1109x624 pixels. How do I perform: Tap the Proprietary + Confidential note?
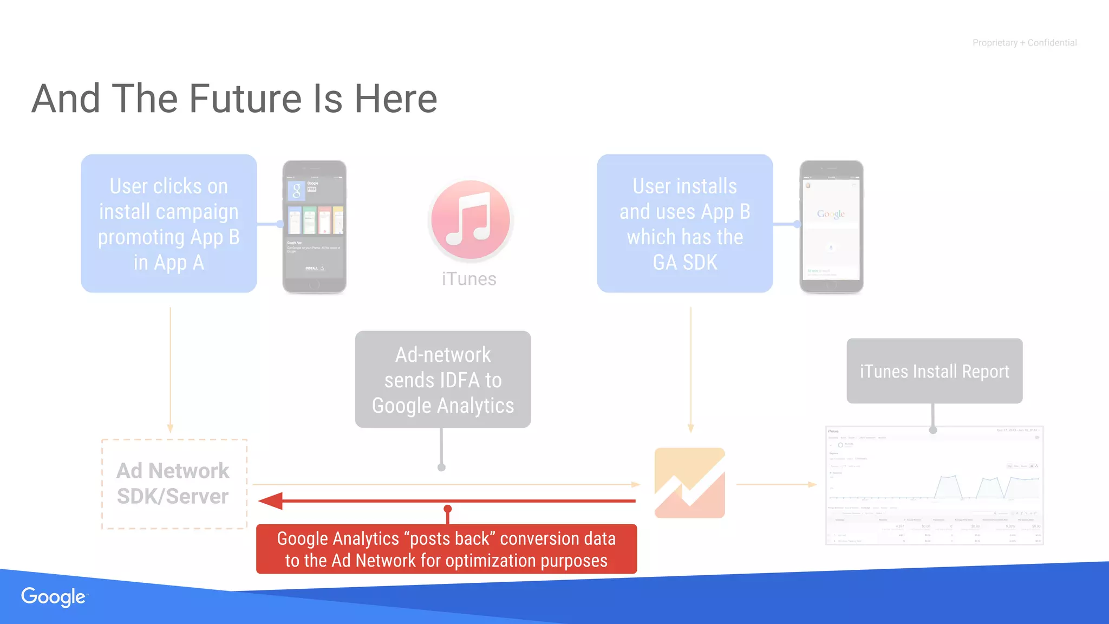pyautogui.click(x=1024, y=43)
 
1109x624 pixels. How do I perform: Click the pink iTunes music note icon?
pyautogui.click(x=470, y=220)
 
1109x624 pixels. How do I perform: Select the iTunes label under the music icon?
pyautogui.click(x=469, y=279)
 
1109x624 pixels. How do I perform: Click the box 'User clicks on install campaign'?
pyautogui.click(x=169, y=224)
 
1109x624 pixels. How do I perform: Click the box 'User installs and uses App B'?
pyautogui.click(x=684, y=224)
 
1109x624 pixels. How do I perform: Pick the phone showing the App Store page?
pyautogui.click(x=315, y=226)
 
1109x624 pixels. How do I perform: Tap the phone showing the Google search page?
pyautogui.click(x=831, y=226)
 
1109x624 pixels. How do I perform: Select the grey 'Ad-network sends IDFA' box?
pyautogui.click(x=443, y=380)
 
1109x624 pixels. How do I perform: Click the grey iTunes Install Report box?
pyautogui.click(x=934, y=372)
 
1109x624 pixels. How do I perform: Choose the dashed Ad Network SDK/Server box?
pyautogui.click(x=174, y=484)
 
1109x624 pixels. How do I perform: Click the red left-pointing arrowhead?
pyautogui.click(x=271, y=501)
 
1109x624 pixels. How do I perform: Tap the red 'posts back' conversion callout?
pyautogui.click(x=446, y=549)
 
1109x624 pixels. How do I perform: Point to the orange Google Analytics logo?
pyautogui.click(x=689, y=483)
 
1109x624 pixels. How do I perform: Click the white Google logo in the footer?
pyautogui.click(x=54, y=596)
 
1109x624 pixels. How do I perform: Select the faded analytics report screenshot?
pyautogui.click(x=934, y=485)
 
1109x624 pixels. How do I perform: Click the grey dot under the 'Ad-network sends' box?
pyautogui.click(x=441, y=467)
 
